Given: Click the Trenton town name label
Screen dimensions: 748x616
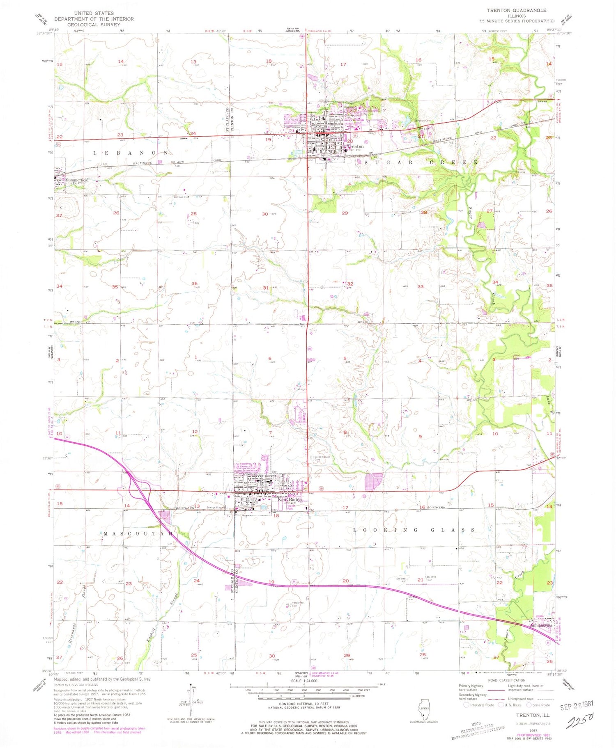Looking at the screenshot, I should [355, 146].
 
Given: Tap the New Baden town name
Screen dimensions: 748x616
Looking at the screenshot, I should [290, 499].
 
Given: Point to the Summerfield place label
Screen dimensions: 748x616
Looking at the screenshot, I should [77, 180].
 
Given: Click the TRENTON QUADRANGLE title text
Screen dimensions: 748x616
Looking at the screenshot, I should [516, 10].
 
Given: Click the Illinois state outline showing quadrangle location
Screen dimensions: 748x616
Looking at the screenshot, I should [423, 709].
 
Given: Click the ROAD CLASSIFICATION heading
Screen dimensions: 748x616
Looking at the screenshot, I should [506, 680].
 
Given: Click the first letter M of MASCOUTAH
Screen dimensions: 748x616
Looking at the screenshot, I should [106, 534].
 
